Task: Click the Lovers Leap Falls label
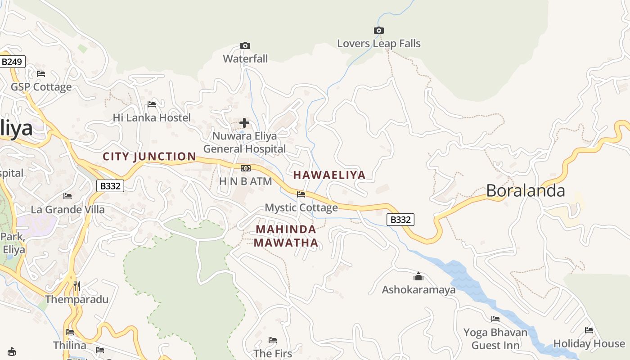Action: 379,44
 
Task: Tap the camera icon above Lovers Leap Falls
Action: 379,31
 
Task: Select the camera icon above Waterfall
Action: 245,45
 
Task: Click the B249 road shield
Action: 12,62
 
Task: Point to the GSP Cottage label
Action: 41,87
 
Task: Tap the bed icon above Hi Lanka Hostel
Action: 152,104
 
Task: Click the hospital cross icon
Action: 244,122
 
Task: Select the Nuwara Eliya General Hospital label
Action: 244,142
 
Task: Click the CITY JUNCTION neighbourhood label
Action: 149,157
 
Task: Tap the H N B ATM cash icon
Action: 245,168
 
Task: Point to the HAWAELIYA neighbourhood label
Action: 329,175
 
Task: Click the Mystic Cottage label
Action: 301,207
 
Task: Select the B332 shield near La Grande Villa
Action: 110,186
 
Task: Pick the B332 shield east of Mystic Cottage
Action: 400,220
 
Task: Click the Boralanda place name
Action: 525,190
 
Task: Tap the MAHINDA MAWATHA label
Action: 286,236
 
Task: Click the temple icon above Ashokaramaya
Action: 418,276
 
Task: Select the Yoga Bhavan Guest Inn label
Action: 495,339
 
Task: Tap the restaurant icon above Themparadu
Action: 77,286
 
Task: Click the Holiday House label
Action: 589,344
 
